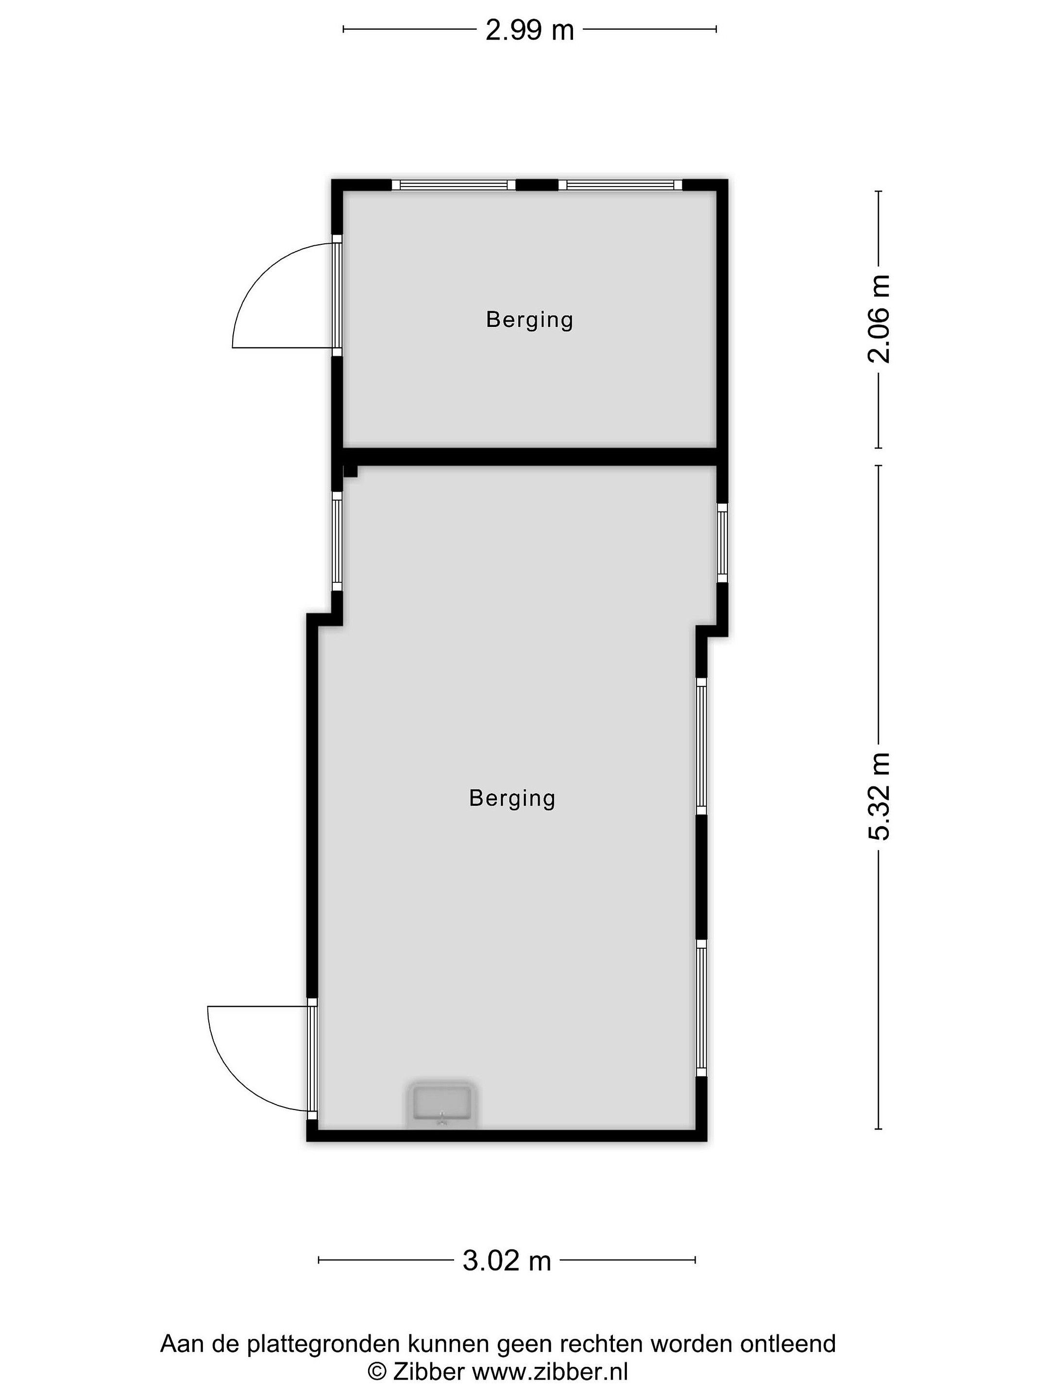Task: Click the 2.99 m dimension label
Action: pos(529,30)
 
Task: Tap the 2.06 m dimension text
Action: pos(878,319)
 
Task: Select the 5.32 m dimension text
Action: pos(878,796)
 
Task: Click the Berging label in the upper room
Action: pos(529,320)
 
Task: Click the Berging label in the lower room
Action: pos(512,799)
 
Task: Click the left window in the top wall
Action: pos(454,185)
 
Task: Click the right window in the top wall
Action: pos(620,185)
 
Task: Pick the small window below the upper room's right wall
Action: pos(722,543)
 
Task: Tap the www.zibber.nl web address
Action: pos(550,1371)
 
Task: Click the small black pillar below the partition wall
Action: pos(350,471)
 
